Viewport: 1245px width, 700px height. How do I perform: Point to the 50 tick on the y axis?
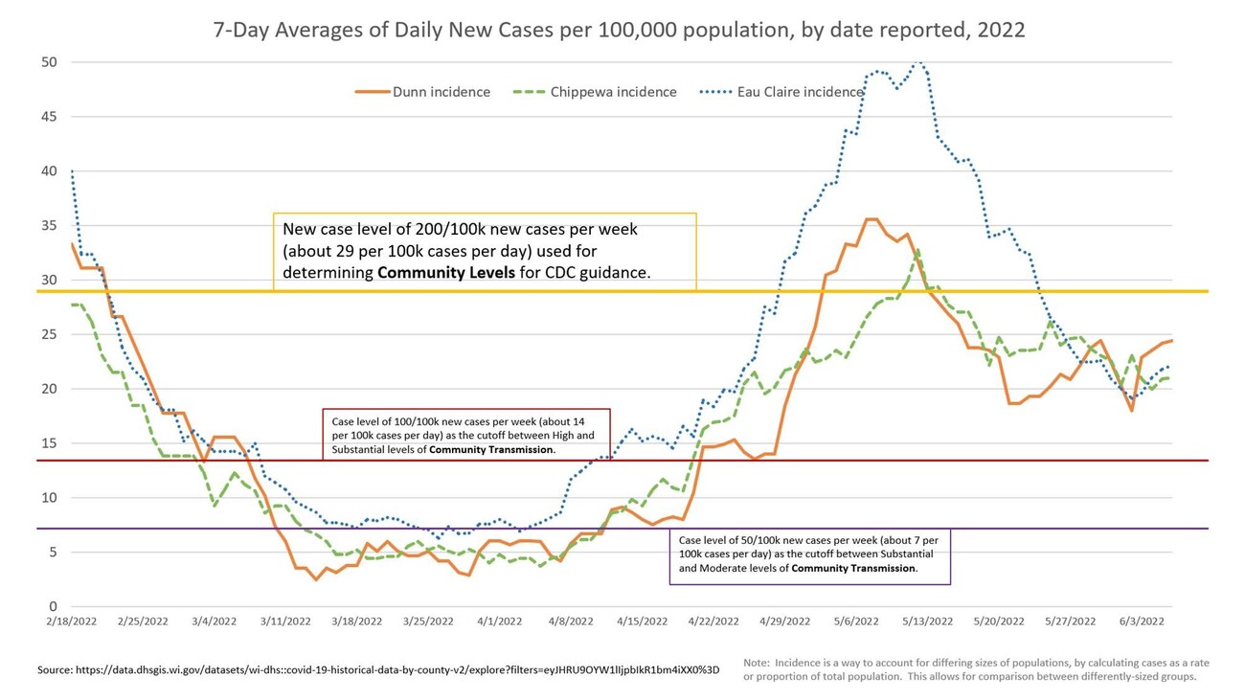pyautogui.click(x=49, y=62)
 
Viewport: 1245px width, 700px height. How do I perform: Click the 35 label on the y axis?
pyautogui.click(x=49, y=226)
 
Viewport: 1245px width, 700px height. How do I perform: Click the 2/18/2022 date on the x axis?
pyautogui.click(x=71, y=621)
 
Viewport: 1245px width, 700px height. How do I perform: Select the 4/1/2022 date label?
pyautogui.click(x=499, y=621)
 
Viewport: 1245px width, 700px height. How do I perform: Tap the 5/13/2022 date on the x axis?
pyautogui.click(x=927, y=621)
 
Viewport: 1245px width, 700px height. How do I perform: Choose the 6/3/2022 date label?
pyautogui.click(x=1142, y=621)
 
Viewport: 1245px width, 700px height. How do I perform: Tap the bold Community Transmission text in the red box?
pyautogui.click(x=490, y=449)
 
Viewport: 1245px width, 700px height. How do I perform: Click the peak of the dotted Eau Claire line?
pyautogui.click(x=918, y=62)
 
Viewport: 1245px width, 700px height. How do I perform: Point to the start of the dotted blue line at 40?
pyautogui.click(x=72, y=171)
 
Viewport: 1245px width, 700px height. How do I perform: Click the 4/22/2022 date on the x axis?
pyautogui.click(x=713, y=621)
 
